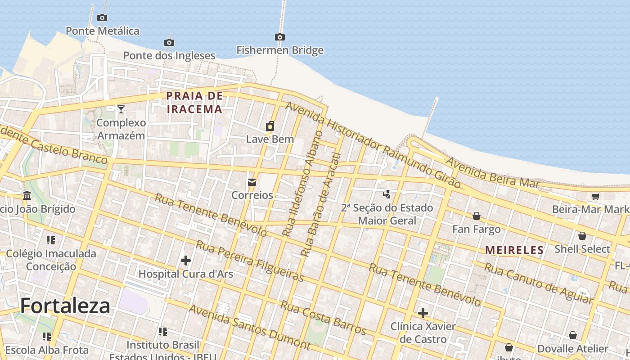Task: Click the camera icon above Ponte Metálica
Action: coord(102,18)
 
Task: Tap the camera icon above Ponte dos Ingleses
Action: coord(169,42)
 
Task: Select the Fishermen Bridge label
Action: coord(280,50)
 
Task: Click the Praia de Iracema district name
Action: coord(194,102)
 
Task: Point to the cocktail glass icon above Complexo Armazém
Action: coord(121,109)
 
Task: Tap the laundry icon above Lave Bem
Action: coord(270,126)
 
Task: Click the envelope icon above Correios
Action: coord(252,182)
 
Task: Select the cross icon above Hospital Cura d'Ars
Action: coord(185,261)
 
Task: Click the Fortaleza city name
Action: coord(65,306)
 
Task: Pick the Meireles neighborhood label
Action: coord(514,250)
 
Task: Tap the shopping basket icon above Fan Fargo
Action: coord(477,216)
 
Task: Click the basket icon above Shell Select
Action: coord(582,236)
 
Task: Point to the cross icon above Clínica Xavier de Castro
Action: coord(423,313)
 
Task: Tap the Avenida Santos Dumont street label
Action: coord(249,327)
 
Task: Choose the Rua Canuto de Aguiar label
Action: coord(538,283)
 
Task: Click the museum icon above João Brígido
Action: coord(27,196)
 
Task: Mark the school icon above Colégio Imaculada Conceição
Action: coord(51,240)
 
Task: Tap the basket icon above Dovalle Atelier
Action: coord(572,335)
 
